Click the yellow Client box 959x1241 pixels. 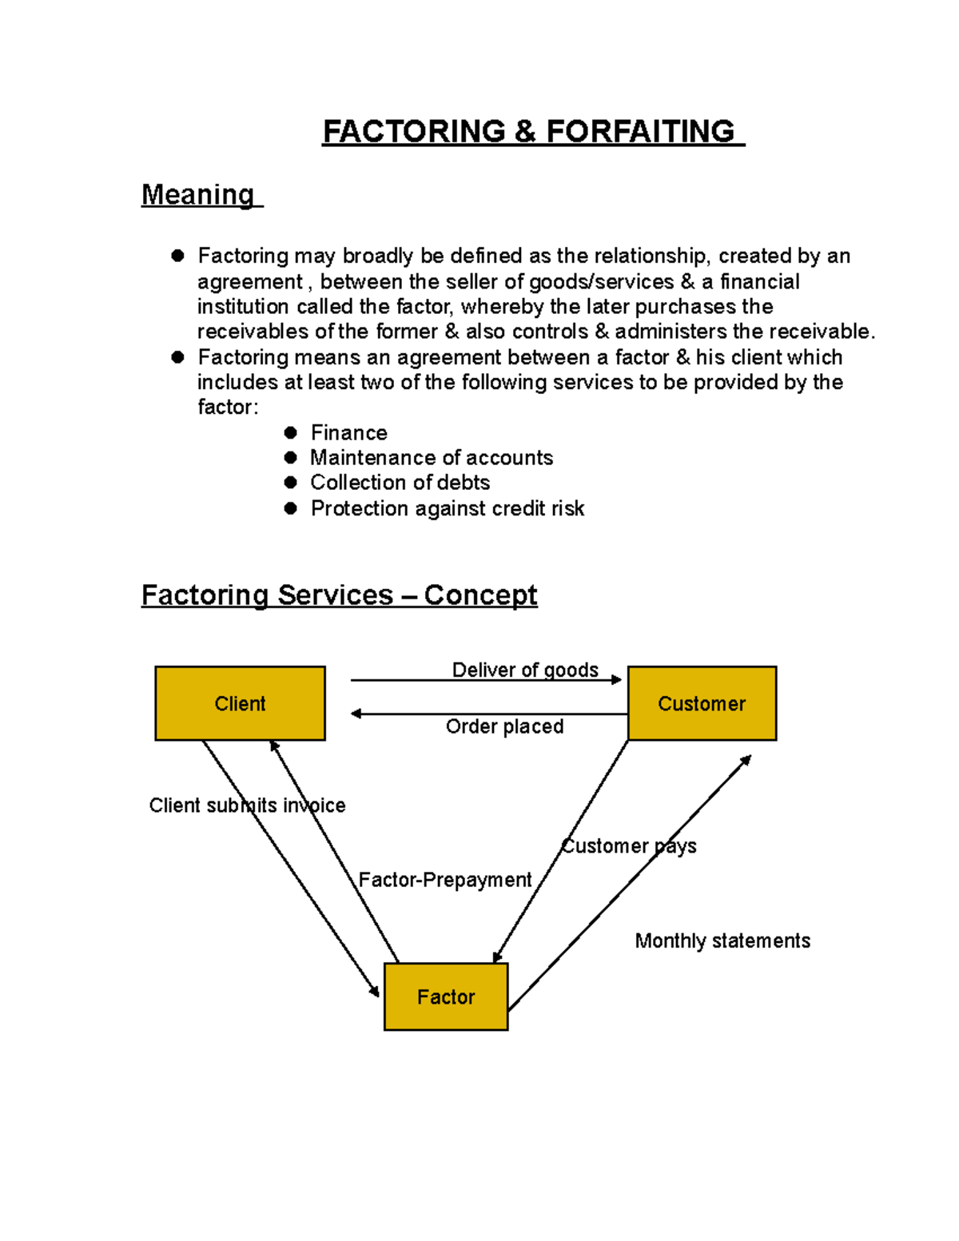240,703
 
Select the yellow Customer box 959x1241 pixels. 702,703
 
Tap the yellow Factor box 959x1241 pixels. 446,996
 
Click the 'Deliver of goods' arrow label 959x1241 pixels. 525,670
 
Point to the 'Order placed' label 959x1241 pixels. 504,726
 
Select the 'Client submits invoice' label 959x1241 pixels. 247,805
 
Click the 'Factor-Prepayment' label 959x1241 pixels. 444,880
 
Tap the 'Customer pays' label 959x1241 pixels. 629,846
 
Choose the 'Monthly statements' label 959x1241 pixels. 722,941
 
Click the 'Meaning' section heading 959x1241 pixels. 197,194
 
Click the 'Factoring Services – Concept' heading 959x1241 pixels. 339,595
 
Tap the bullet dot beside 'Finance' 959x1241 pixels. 291,432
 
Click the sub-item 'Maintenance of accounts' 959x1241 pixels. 432,458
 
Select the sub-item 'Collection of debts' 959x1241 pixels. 400,483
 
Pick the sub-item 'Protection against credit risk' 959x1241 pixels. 448,508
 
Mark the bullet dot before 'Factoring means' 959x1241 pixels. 177,357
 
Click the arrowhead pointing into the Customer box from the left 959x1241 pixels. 616,680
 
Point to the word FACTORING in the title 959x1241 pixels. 414,132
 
